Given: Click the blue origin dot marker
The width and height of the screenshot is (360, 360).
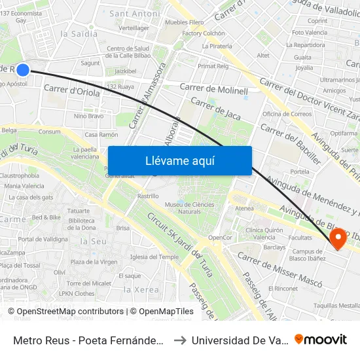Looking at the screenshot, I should click(x=22, y=70).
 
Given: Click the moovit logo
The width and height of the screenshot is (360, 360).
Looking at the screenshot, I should click(x=321, y=339).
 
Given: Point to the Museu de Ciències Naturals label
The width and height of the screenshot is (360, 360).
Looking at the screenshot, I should click(x=190, y=208).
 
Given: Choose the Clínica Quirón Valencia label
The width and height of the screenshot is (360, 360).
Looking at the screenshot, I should click(x=260, y=234).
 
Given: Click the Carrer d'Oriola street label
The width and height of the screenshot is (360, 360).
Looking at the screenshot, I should click(x=72, y=92).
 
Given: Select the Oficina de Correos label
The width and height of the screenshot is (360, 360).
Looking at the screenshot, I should click(x=287, y=114).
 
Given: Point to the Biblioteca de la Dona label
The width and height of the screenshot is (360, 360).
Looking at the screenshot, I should click(x=81, y=225).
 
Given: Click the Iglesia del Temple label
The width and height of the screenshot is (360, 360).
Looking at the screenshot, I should click(x=154, y=257).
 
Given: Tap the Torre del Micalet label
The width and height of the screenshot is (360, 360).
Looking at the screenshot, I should click(x=88, y=283).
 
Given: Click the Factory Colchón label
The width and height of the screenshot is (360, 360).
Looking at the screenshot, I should click(x=204, y=33).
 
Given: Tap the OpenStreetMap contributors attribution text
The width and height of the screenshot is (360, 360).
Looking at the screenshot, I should click(x=68, y=312).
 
